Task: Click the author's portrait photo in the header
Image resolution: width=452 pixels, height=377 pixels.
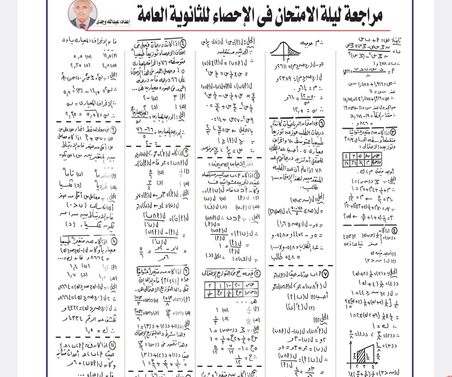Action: pyautogui.click(x=82, y=14)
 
